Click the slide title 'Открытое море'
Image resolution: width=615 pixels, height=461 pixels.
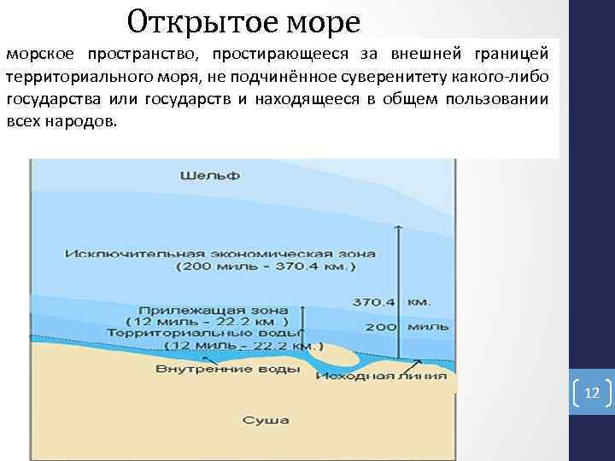tap(243, 18)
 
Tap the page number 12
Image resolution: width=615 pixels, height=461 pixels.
tap(591, 394)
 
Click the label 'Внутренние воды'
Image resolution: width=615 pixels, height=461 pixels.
tap(227, 369)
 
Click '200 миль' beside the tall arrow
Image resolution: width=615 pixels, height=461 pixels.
tap(392, 327)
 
